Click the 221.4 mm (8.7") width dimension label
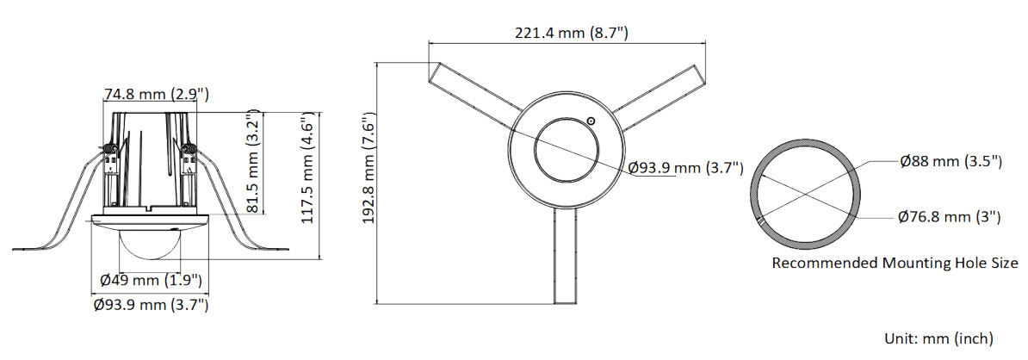(571, 33)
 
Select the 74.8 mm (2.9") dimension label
(157, 95)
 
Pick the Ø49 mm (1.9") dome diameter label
(151, 281)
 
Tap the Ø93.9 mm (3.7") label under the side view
(151, 304)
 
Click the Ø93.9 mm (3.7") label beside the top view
(685, 168)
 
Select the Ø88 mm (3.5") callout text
(950, 161)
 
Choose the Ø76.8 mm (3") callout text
(950, 216)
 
